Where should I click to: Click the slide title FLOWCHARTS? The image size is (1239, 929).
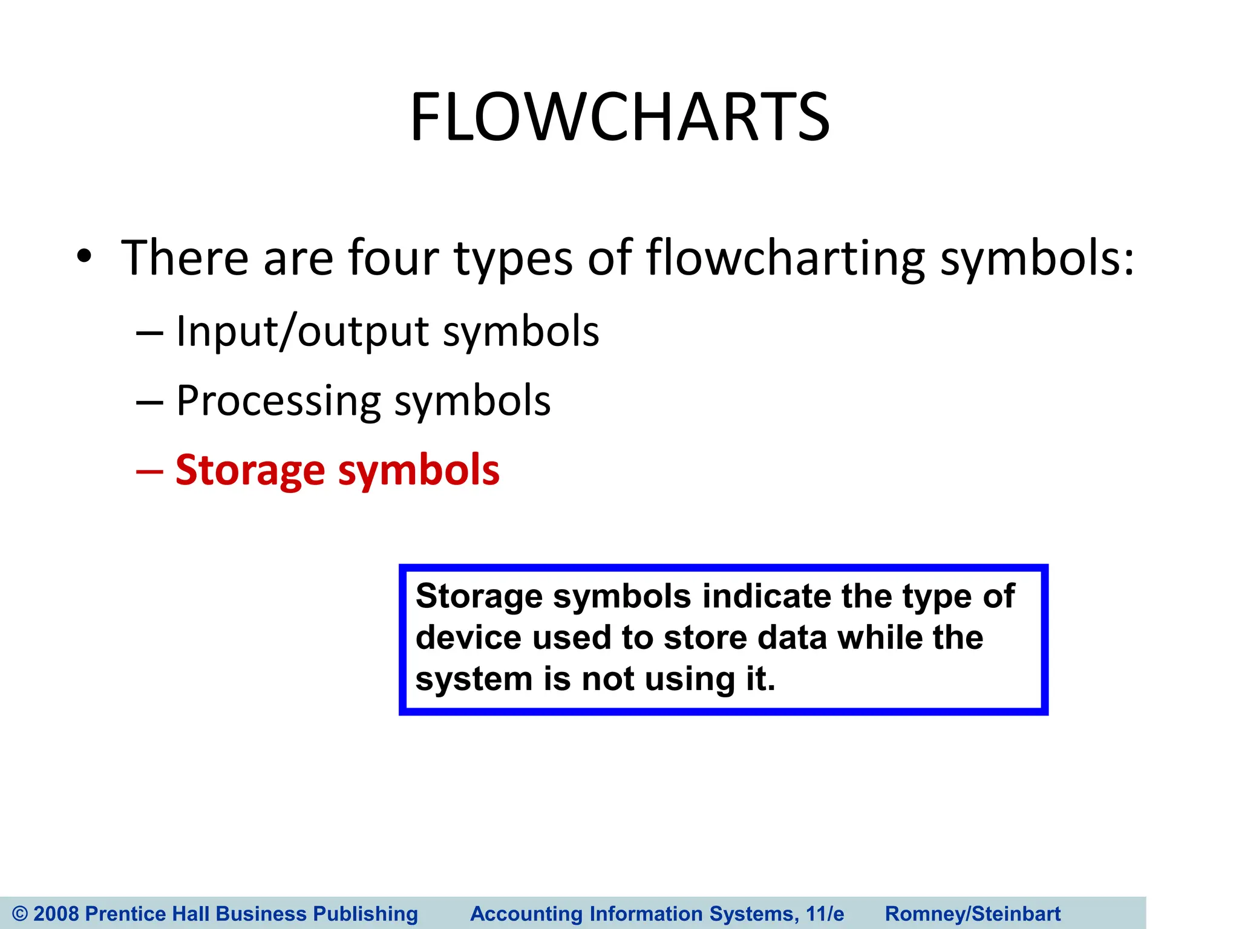(619, 117)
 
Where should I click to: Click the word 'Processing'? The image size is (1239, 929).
(278, 402)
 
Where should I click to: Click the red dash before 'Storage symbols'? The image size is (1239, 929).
(149, 471)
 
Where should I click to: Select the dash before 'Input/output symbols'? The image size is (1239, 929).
(149, 333)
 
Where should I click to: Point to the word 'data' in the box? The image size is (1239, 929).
(792, 638)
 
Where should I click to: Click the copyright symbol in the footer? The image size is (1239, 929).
(20, 913)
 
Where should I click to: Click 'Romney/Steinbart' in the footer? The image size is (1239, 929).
(973, 913)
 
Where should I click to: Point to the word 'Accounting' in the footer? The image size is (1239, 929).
(526, 913)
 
